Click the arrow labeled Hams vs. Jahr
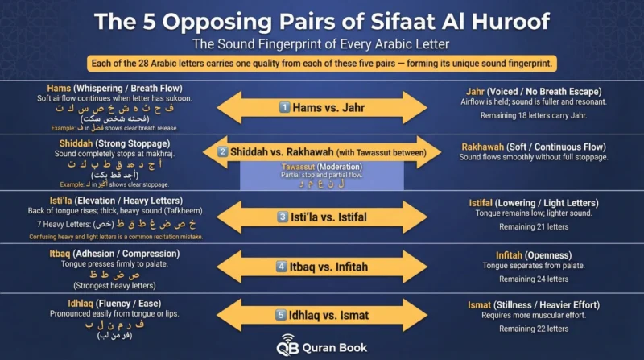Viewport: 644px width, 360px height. (322, 106)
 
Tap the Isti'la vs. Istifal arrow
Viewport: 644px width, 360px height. (322, 216)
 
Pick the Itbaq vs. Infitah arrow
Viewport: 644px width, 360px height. (322, 266)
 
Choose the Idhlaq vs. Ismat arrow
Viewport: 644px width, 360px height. (322, 315)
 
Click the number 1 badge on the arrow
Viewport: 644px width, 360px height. (283, 106)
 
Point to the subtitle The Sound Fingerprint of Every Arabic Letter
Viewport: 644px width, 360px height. (322, 45)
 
